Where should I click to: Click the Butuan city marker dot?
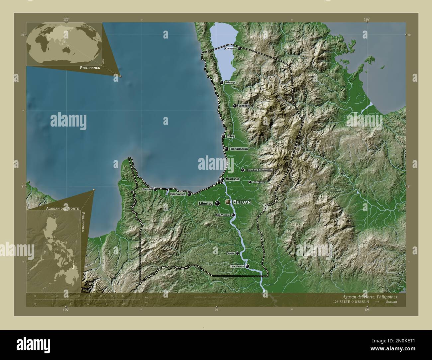228,202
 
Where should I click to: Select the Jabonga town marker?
222,82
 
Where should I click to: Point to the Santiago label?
243,106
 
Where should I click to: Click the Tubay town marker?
224,136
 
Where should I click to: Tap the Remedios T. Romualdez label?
259,170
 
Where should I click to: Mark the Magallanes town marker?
222,179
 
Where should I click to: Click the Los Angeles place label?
258,182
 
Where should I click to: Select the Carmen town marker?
155,189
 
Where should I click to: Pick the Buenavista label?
177,194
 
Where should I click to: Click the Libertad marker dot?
217,203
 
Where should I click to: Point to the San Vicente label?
223,215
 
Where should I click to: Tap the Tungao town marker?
237,253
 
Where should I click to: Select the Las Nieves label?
237,266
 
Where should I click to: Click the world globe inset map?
64,44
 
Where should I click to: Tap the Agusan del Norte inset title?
60,208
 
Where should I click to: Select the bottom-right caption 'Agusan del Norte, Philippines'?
369,297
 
